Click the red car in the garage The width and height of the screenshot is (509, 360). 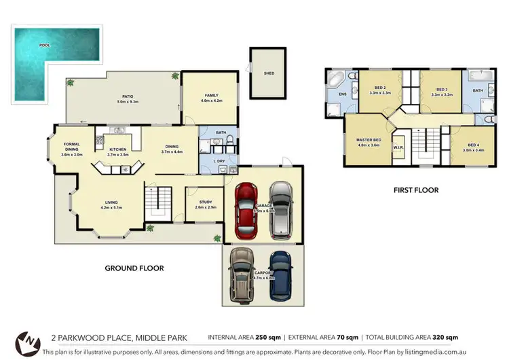(x=246, y=210)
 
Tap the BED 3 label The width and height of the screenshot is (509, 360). (x=442, y=90)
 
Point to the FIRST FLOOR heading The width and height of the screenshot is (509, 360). (x=416, y=190)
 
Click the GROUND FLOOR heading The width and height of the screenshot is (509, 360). (x=134, y=268)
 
